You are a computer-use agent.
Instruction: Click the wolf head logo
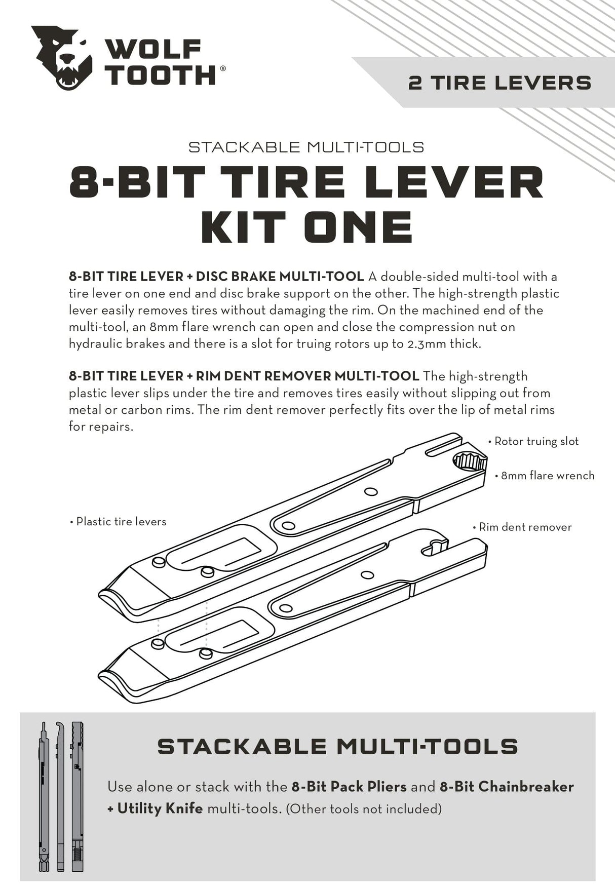[x=62, y=58]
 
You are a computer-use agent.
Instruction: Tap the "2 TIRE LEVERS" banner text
[x=499, y=83]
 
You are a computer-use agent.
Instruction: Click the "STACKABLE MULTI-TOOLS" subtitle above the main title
[x=306, y=147]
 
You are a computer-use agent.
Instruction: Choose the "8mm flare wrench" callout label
[x=547, y=476]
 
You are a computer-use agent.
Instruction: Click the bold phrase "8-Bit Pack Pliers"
[x=349, y=787]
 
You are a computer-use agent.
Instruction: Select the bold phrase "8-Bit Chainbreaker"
[x=507, y=787]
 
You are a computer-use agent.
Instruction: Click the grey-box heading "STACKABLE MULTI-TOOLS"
[x=338, y=747]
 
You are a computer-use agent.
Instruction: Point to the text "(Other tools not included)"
[x=363, y=809]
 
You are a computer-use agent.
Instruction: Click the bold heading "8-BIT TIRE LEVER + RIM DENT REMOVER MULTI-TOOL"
[x=244, y=376]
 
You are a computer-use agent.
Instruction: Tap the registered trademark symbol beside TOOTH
[x=222, y=68]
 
